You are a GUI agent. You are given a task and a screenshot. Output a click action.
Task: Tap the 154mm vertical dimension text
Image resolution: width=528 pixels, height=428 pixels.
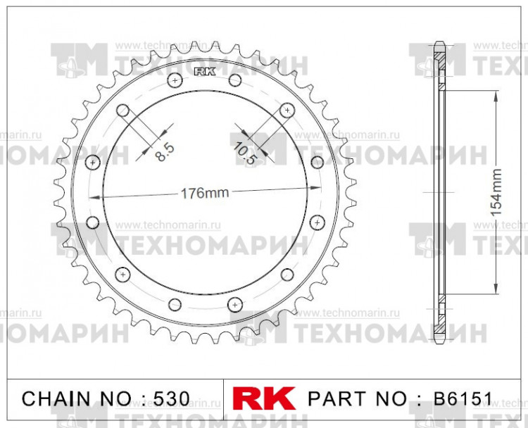[496, 191]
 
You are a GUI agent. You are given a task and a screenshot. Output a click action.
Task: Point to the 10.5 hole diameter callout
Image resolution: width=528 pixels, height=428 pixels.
[244, 151]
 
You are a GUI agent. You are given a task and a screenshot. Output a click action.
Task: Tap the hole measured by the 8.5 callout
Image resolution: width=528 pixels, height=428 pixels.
[122, 111]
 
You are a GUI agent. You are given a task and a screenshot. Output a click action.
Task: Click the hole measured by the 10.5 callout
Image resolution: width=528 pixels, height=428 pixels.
[287, 111]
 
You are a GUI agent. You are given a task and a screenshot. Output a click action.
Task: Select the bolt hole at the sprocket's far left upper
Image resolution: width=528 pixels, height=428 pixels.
[92, 163]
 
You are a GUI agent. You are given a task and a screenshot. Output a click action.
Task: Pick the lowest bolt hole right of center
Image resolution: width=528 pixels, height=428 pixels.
[234, 304]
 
